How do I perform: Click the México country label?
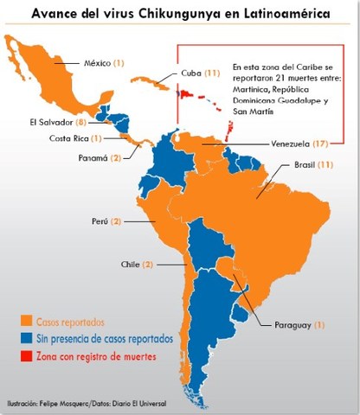click(x=98, y=63)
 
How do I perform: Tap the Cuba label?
click(x=193, y=74)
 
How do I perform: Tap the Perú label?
click(x=101, y=221)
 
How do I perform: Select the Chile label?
click(x=129, y=264)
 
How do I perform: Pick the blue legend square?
click(x=25, y=338)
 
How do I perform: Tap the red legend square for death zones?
click(x=25, y=356)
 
